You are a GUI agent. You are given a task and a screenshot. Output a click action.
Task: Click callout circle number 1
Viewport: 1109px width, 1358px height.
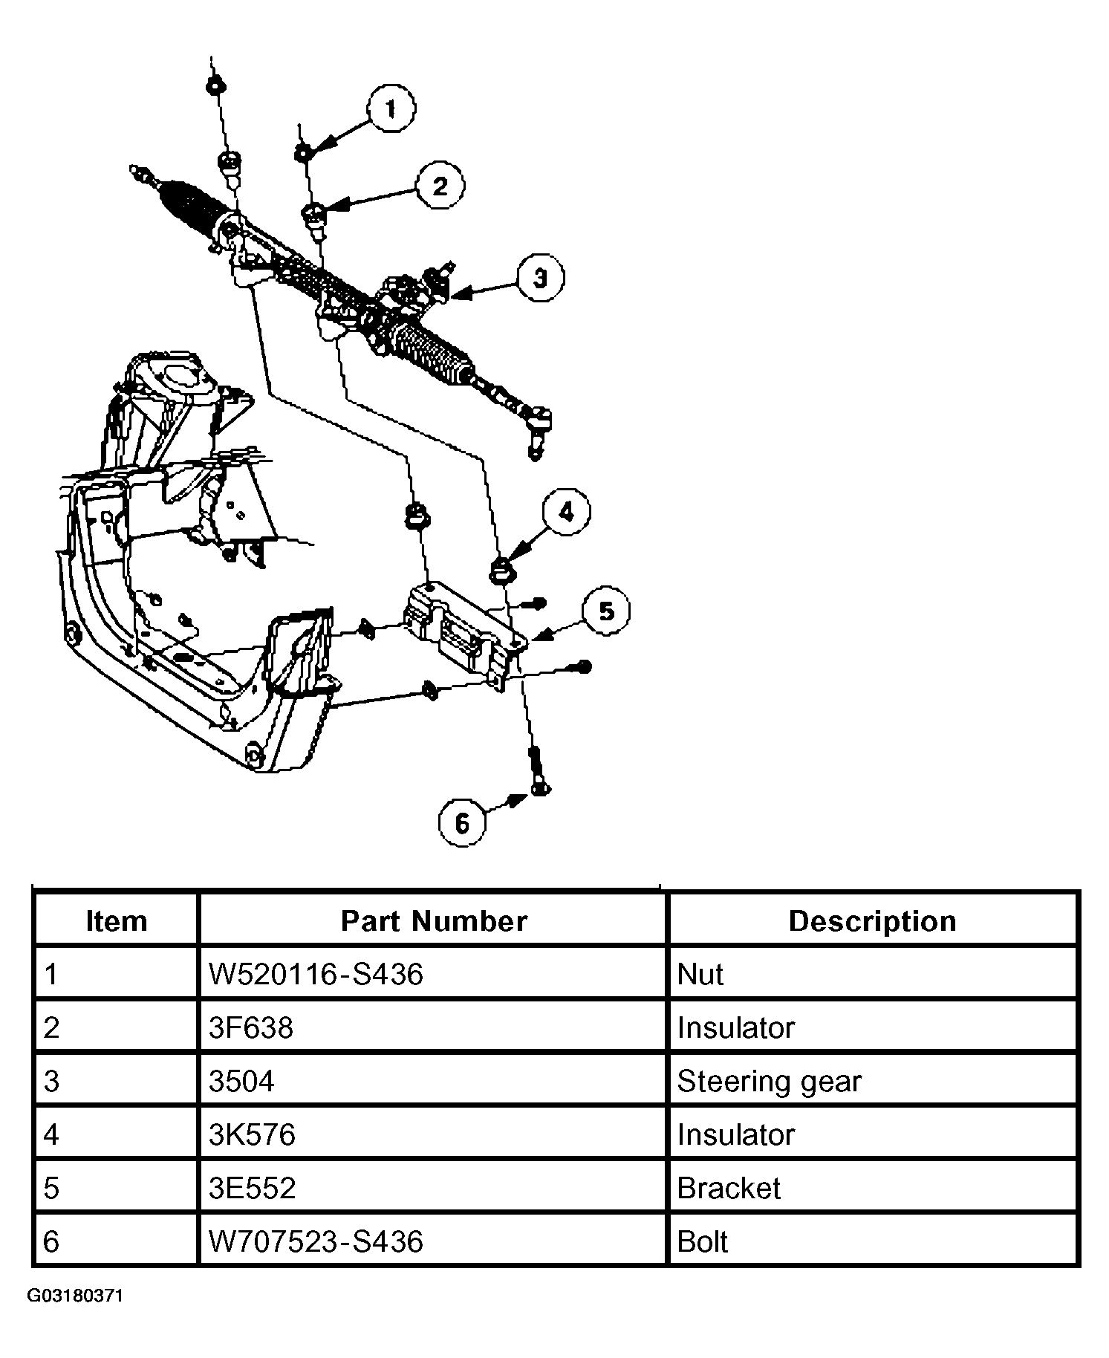click(391, 110)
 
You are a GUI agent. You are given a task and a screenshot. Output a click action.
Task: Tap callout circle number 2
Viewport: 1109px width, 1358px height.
click(440, 186)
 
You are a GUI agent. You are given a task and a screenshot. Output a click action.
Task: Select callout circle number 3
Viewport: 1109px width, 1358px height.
click(540, 279)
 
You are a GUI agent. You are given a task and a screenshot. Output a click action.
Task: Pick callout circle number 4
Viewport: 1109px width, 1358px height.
click(566, 512)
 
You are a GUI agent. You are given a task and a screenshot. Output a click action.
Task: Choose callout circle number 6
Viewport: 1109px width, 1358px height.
click(462, 823)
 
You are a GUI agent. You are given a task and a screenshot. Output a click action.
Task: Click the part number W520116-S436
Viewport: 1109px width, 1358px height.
click(316, 974)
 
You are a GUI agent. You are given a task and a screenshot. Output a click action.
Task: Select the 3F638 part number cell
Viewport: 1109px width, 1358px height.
click(251, 1027)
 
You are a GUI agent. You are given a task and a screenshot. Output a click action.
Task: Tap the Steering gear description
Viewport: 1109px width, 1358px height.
click(769, 1081)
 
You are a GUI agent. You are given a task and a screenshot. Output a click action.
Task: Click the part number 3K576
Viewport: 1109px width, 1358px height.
click(252, 1134)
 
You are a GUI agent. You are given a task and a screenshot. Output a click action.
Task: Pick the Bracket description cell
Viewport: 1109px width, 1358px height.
click(729, 1188)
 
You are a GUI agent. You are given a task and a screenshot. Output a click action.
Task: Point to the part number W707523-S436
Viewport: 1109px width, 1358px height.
click(316, 1241)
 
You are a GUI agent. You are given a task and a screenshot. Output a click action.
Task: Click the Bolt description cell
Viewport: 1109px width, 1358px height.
click(703, 1241)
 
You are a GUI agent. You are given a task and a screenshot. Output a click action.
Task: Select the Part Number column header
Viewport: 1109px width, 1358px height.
click(434, 921)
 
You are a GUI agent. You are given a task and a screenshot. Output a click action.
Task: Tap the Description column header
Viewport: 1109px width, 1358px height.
click(872, 921)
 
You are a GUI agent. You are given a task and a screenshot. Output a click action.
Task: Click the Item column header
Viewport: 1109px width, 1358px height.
click(117, 921)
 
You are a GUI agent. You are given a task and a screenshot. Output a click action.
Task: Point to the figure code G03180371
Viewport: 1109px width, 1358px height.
click(75, 1296)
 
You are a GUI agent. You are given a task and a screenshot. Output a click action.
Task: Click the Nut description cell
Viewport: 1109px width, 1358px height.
click(700, 974)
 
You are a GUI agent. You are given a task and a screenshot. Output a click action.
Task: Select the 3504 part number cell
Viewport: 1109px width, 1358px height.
click(241, 1081)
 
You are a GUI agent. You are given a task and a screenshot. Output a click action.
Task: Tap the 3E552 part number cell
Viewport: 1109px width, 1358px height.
click(252, 1188)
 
